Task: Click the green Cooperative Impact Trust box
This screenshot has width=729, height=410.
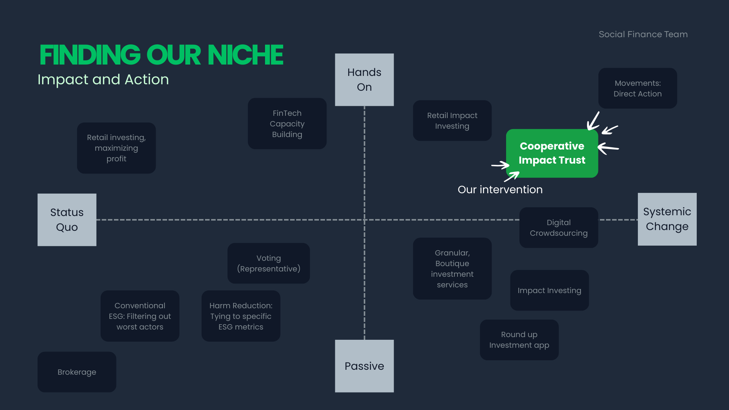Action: tap(552, 153)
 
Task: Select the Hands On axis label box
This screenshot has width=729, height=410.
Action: tap(364, 80)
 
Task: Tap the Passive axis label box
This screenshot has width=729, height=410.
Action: tap(364, 366)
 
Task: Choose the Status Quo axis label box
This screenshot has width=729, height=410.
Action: tap(67, 220)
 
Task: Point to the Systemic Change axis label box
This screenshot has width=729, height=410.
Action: tap(667, 219)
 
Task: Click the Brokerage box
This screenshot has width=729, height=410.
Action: tap(77, 372)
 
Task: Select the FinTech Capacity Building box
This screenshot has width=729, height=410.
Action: tap(287, 124)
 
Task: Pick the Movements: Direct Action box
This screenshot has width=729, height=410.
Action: tap(637, 88)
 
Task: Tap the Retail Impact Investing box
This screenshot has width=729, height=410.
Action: tap(452, 121)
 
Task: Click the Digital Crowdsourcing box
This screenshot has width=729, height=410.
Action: tap(559, 228)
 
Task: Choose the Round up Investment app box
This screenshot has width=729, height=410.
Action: tap(519, 340)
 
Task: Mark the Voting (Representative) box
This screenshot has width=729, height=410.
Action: tap(268, 263)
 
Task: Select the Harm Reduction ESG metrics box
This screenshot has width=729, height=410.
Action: tap(241, 316)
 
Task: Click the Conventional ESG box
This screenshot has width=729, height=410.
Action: tap(140, 316)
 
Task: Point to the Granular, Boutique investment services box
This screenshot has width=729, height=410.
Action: tap(452, 269)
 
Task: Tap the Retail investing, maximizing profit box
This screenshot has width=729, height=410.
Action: tap(116, 148)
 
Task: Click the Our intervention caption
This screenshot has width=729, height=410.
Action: tap(500, 189)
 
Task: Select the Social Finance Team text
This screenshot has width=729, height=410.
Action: tap(643, 34)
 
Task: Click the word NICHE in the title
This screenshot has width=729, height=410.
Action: tap(245, 55)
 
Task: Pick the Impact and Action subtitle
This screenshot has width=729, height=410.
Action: tap(103, 80)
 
